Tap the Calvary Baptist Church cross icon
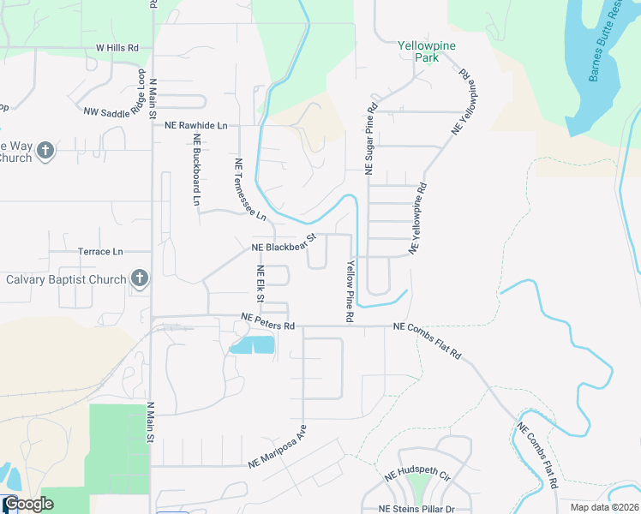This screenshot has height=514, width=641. click(x=140, y=278)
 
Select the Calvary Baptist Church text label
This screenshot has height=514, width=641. click(x=66, y=279)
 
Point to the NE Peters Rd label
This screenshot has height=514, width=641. click(x=267, y=321)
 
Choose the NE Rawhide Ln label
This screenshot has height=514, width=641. click(x=196, y=125)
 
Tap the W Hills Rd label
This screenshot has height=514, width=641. click(x=117, y=49)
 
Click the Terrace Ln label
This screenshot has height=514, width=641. click(x=100, y=252)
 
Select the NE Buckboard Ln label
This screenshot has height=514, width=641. click(x=196, y=170)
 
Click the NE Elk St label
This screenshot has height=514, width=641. click(x=260, y=284)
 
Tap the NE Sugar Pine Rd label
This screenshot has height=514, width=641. click(x=372, y=140)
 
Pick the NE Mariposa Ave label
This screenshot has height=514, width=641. click(x=278, y=446)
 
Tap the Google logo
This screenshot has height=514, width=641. click(x=27, y=505)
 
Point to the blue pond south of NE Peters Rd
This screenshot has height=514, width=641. click(x=253, y=345)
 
